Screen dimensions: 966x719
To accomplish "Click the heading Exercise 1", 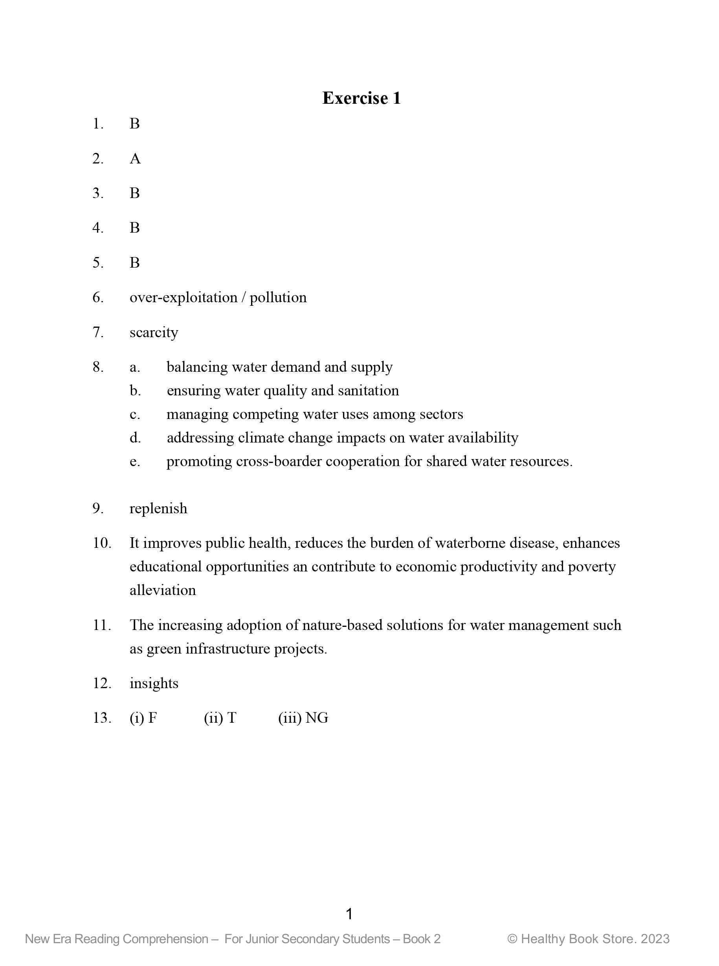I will [x=361, y=98].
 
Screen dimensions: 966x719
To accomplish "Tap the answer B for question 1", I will [x=134, y=124].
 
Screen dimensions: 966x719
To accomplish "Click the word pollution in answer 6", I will [x=278, y=298].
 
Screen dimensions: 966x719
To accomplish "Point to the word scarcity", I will [x=154, y=332].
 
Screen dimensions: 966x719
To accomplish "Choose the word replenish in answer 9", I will [x=158, y=509].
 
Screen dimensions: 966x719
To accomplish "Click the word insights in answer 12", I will [x=154, y=683].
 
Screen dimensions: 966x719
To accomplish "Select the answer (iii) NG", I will [x=303, y=718].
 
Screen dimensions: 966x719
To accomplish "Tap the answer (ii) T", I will [x=220, y=718].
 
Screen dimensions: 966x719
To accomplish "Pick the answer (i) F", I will [x=143, y=718].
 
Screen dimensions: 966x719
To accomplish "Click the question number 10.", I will [x=102, y=543].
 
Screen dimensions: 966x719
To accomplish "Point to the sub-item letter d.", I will [x=135, y=437].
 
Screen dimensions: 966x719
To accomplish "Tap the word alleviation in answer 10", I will [x=163, y=590].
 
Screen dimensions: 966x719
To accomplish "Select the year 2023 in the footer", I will [x=655, y=939].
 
